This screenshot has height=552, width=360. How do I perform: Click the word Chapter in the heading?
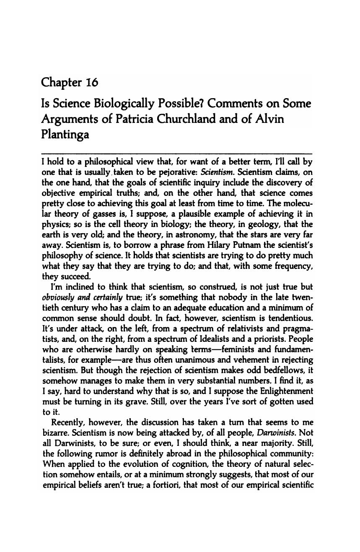click(61, 82)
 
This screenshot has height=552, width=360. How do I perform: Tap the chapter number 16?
click(92, 82)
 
